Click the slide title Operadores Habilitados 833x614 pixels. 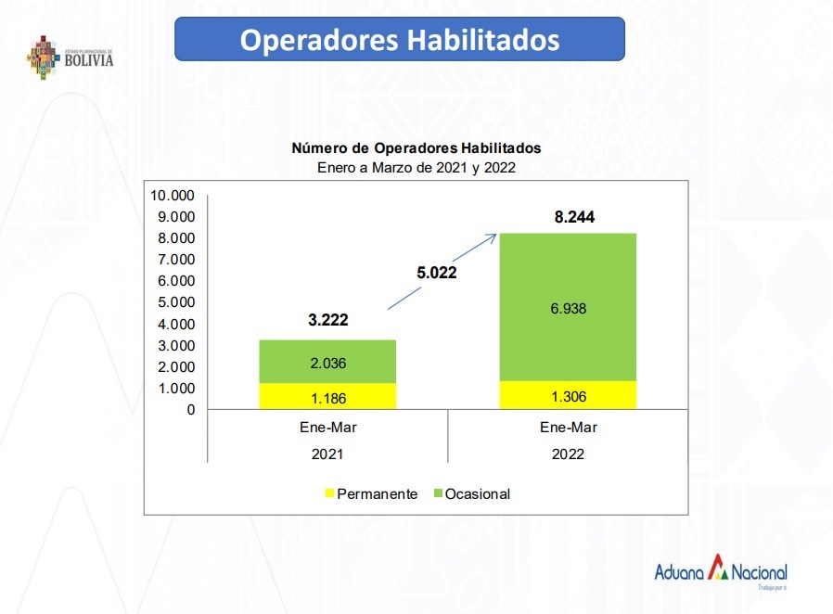coord(400,40)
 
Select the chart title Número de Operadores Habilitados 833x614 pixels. coord(416,147)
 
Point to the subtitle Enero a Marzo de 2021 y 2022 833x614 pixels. coord(416,168)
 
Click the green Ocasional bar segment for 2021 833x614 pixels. coord(327,362)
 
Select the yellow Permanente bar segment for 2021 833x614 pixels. coord(327,396)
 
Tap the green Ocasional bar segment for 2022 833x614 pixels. coord(568,308)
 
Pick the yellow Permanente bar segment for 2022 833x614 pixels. coord(568,395)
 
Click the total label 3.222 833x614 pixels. coord(327,321)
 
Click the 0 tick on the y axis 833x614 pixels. coord(190,409)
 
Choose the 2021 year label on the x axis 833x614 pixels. coord(327,454)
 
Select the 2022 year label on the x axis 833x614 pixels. coord(568,454)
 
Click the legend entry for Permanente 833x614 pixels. coord(370,493)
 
